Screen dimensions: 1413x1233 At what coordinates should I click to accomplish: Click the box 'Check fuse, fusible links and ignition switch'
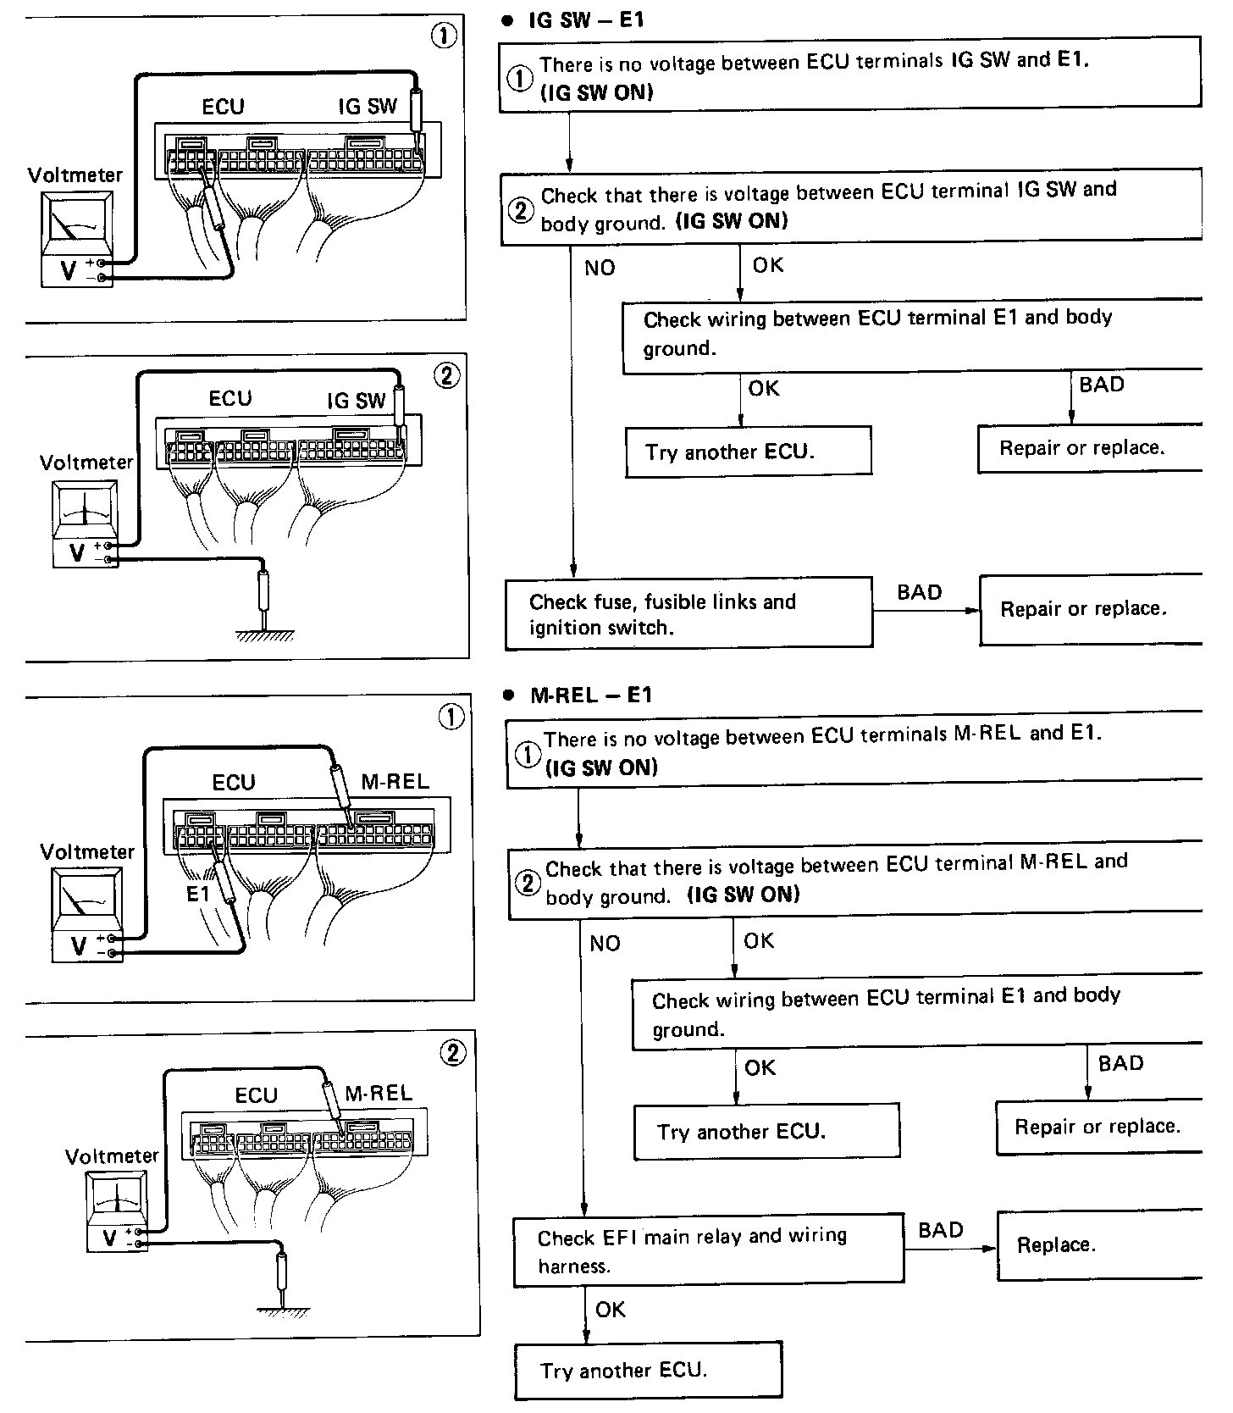click(x=688, y=614)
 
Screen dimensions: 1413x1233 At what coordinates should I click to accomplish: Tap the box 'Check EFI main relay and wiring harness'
click(x=708, y=1250)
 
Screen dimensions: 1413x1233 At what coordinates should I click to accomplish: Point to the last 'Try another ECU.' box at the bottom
click(x=648, y=1370)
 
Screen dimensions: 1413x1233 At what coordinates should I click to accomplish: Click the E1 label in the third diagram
click(x=197, y=893)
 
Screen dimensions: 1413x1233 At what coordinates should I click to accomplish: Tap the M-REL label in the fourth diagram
click(x=379, y=1093)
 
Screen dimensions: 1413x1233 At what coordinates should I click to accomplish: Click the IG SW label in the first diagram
click(x=367, y=107)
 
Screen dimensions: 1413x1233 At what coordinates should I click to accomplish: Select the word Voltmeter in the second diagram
click(x=86, y=463)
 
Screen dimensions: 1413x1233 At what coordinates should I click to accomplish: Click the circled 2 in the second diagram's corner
click(x=446, y=375)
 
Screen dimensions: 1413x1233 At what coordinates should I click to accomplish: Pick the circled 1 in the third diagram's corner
click(x=451, y=718)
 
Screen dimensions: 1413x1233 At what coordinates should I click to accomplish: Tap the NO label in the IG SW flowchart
click(x=600, y=269)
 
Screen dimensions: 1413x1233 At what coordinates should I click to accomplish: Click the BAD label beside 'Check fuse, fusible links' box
click(x=919, y=592)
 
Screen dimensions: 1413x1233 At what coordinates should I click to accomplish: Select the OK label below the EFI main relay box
click(x=610, y=1310)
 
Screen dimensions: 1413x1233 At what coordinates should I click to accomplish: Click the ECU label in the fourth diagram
click(x=257, y=1095)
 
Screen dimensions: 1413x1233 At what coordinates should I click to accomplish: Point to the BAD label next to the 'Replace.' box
click(x=941, y=1230)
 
